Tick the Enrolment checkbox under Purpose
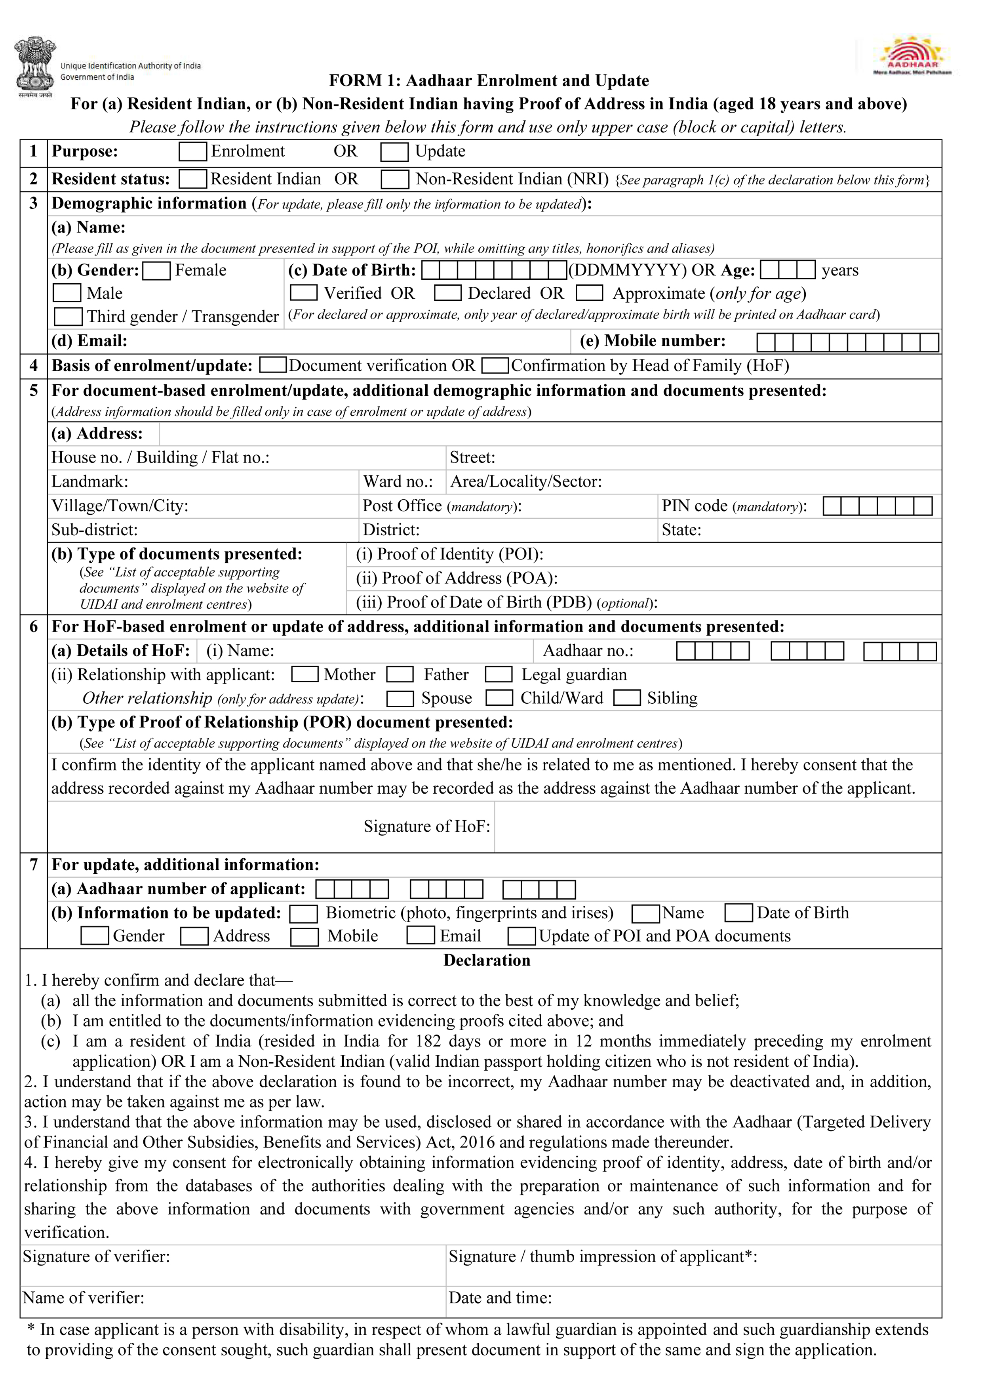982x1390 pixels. (193, 152)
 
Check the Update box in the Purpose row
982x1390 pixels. (394, 152)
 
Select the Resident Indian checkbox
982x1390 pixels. (193, 179)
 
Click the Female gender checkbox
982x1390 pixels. (157, 271)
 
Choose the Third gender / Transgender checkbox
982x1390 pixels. (69, 317)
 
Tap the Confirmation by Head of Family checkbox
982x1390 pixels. (495, 366)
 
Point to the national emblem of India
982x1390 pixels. (35, 65)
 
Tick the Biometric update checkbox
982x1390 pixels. (304, 914)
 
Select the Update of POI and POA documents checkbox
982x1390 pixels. (521, 937)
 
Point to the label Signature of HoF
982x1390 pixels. (426, 827)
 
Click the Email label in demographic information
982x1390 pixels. (89, 342)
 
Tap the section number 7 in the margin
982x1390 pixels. (34, 865)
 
